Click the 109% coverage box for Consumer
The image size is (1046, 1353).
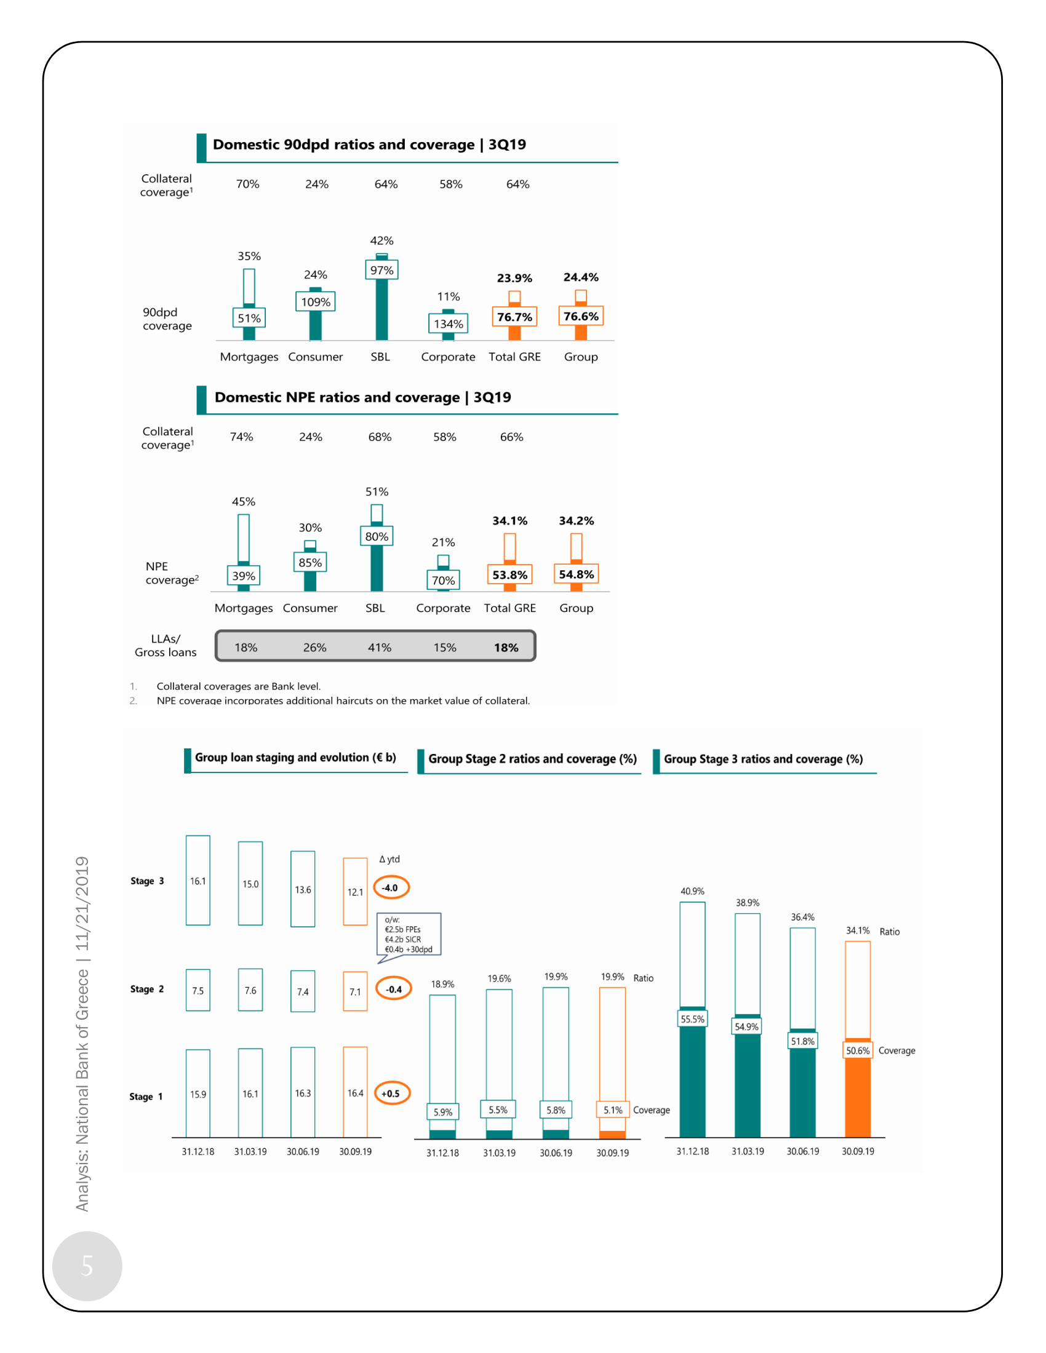[x=316, y=302]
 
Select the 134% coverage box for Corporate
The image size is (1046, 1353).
[x=448, y=323]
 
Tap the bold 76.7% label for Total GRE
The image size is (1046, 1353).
[x=514, y=317]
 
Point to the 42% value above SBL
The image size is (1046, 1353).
[x=381, y=240]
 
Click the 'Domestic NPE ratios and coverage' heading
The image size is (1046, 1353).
[x=362, y=397]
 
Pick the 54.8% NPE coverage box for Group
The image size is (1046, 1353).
[x=577, y=574]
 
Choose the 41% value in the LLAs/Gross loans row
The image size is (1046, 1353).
[x=379, y=648]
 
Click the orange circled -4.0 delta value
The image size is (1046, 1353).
[x=391, y=887]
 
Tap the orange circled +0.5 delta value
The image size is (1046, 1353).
[x=391, y=1093]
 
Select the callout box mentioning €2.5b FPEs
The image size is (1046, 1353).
[x=409, y=934]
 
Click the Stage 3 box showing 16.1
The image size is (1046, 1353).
[x=198, y=880]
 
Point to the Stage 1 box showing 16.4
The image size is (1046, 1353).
[x=355, y=1093]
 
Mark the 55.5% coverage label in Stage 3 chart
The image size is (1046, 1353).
[x=692, y=1019]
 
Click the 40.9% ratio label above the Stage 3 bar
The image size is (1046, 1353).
[x=692, y=891]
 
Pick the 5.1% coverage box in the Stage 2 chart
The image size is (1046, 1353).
[x=613, y=1109]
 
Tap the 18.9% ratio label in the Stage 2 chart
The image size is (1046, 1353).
[x=442, y=984]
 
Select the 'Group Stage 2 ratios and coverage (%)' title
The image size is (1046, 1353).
[x=532, y=759]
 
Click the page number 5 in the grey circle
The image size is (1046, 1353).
[x=87, y=1266]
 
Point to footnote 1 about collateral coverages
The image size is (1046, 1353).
[x=239, y=686]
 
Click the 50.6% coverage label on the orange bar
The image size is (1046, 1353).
[x=858, y=1050]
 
